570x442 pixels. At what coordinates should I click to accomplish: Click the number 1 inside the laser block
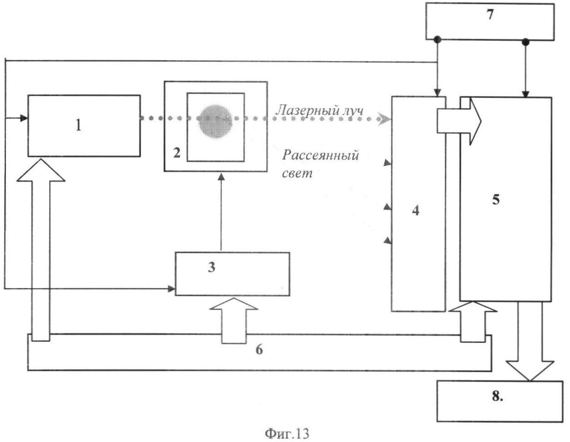pyautogui.click(x=78, y=125)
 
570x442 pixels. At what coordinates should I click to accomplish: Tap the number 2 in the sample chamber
pyautogui.click(x=176, y=153)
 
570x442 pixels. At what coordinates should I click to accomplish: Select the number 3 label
pyautogui.click(x=211, y=267)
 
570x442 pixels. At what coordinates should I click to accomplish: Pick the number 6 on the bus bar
pyautogui.click(x=259, y=350)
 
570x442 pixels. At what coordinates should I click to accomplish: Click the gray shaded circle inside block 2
pyautogui.click(x=215, y=120)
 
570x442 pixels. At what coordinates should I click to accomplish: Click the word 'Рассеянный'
pyautogui.click(x=321, y=155)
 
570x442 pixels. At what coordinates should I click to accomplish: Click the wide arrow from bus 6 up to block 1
pyautogui.click(x=41, y=249)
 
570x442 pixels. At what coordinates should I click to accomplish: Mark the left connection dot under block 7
pyautogui.click(x=437, y=40)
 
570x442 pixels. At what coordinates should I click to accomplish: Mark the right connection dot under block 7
pyautogui.click(x=526, y=42)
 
